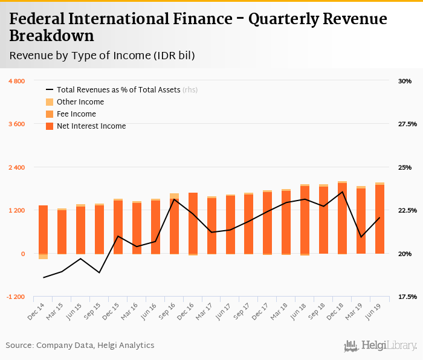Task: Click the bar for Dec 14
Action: [x=43, y=230]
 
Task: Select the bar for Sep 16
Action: [x=174, y=225]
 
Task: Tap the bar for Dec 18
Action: [x=342, y=217]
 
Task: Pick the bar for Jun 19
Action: [x=379, y=219]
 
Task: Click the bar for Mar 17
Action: [x=211, y=225]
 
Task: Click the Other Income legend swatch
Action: [x=50, y=102]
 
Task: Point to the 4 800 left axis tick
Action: [x=16, y=81]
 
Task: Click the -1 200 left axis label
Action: [x=16, y=297]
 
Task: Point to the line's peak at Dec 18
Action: [x=343, y=192]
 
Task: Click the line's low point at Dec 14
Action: [x=44, y=278]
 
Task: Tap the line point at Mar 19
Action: [x=361, y=237]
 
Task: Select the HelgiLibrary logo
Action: [x=380, y=346]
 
